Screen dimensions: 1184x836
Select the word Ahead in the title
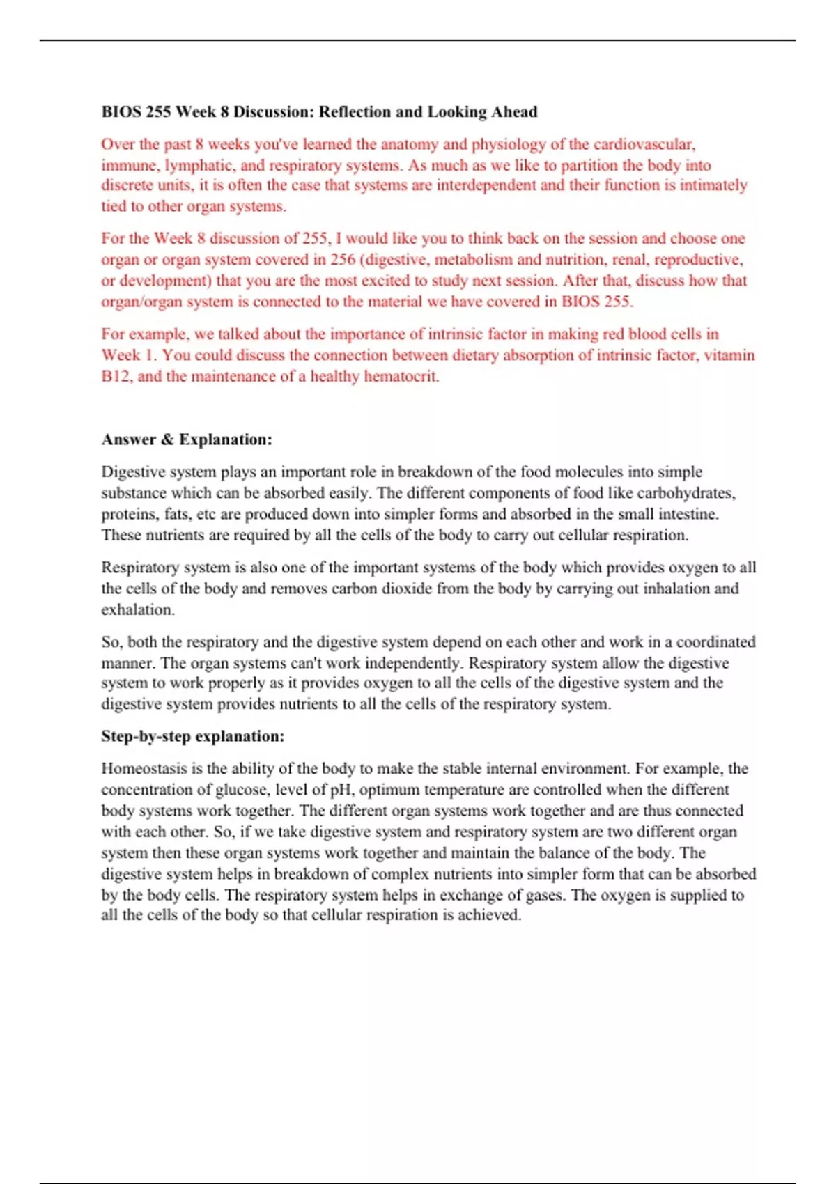tap(511, 112)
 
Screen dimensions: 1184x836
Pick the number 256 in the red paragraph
tap(343, 260)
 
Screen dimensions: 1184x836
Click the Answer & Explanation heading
tap(187, 439)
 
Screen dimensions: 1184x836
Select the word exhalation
tap(138, 609)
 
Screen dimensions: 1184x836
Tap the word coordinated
tap(715, 641)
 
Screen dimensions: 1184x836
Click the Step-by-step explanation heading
tap(193, 736)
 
